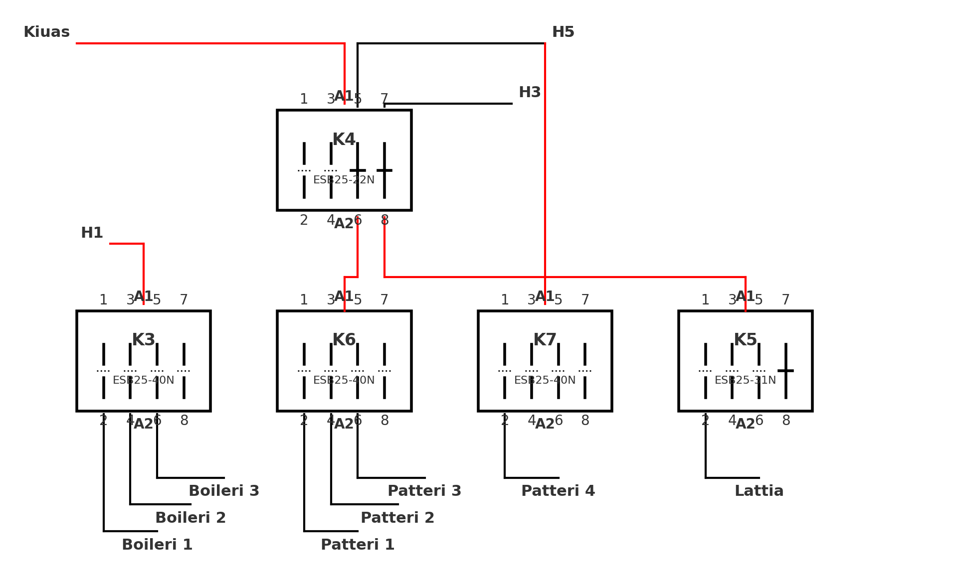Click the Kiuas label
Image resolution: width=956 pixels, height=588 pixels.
[46, 32]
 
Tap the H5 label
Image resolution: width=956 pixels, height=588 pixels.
[563, 32]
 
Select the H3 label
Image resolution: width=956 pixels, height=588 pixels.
[530, 93]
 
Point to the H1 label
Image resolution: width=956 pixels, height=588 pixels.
[92, 233]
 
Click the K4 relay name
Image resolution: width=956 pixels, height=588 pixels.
[344, 140]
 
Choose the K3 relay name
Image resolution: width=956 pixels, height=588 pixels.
[144, 340]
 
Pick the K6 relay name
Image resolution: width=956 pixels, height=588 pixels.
[344, 340]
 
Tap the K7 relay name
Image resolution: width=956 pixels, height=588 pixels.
[545, 340]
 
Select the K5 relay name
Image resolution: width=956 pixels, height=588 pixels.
[746, 340]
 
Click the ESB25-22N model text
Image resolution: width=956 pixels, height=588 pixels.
[344, 180]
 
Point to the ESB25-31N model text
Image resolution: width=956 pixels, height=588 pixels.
[746, 381]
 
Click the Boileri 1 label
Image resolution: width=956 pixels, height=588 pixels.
[157, 545]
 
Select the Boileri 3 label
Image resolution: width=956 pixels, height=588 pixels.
[224, 491]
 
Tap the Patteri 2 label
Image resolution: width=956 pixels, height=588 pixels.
[397, 518]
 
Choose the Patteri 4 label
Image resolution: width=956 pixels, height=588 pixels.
[558, 491]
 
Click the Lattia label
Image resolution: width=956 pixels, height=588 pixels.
[759, 491]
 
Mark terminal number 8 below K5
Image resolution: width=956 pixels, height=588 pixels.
[786, 421]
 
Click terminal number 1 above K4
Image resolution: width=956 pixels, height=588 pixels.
[304, 100]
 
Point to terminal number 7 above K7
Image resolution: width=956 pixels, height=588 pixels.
[585, 300]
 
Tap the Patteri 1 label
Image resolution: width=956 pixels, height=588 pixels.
[358, 545]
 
